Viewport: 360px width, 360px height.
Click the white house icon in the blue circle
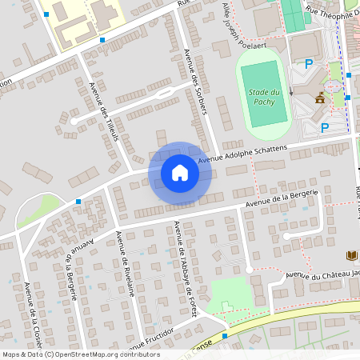click(x=180, y=172)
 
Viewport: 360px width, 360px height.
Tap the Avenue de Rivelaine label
click(x=124, y=263)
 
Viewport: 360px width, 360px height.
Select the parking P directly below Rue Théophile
click(x=308, y=64)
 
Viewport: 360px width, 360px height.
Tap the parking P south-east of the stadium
click(x=324, y=127)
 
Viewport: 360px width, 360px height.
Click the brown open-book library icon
click(x=351, y=256)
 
